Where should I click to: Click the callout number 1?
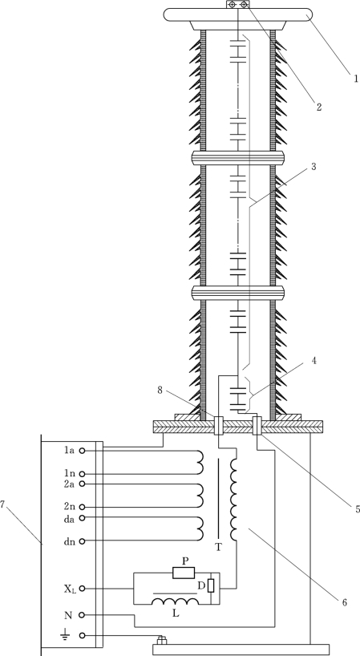[356, 79]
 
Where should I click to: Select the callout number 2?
[319, 107]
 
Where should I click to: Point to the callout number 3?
[313, 167]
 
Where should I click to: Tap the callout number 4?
[313, 360]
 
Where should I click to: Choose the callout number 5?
[358, 509]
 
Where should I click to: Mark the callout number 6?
[344, 603]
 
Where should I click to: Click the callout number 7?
[2, 504]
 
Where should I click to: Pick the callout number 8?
[160, 390]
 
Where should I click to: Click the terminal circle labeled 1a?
[83, 451]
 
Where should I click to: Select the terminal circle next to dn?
[83, 541]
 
